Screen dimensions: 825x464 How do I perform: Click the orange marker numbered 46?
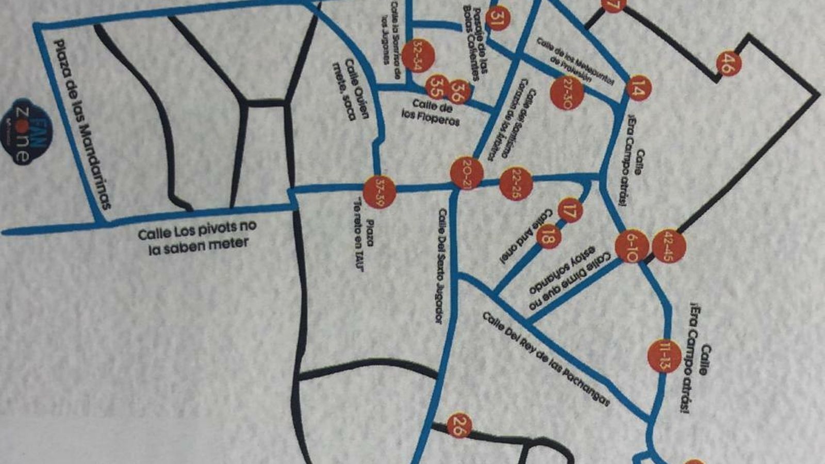(x=728, y=64)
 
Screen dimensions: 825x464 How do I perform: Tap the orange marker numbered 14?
(x=638, y=89)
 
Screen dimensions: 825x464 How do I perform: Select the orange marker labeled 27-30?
(x=567, y=93)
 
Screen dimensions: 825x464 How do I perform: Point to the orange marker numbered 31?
(x=497, y=19)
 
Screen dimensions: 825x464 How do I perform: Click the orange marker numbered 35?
(x=438, y=87)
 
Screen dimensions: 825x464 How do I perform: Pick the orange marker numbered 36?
(x=458, y=92)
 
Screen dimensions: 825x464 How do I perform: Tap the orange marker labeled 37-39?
(x=379, y=191)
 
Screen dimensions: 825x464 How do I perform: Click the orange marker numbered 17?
(x=570, y=210)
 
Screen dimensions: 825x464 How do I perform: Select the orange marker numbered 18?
(x=548, y=237)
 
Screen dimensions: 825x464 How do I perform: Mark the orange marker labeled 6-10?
(x=632, y=247)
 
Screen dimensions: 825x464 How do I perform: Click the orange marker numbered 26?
(x=458, y=425)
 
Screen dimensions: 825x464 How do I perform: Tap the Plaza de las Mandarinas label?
(x=82, y=124)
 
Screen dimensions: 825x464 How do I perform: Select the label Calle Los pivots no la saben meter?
(x=197, y=237)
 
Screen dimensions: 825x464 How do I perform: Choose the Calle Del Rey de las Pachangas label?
(x=546, y=359)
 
